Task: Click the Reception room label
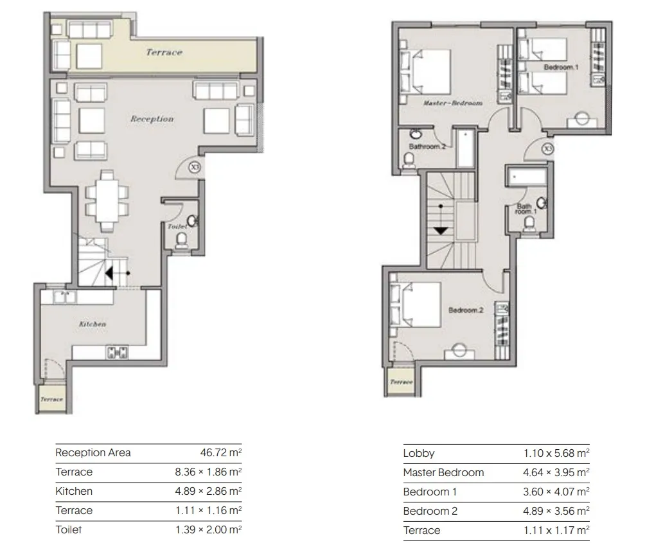click(152, 119)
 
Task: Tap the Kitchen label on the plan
click(93, 325)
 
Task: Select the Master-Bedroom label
click(453, 103)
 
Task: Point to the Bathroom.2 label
click(427, 147)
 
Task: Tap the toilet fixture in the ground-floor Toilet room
click(182, 240)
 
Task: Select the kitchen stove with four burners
click(118, 352)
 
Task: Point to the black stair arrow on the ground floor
click(110, 274)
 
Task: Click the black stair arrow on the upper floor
click(441, 229)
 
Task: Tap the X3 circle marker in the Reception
click(195, 168)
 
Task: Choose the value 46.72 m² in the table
click(220, 452)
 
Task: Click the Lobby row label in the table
click(419, 453)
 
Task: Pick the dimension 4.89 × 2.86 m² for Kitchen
click(207, 491)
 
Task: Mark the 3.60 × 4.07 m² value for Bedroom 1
click(556, 492)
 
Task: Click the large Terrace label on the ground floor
click(164, 53)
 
